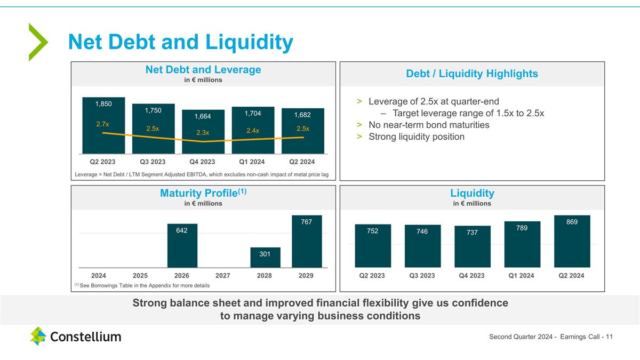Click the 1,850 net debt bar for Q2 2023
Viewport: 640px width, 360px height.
103,125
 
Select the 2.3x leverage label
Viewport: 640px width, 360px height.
202,133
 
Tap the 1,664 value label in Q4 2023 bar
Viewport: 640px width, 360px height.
202,116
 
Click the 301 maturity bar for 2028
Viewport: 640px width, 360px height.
265,257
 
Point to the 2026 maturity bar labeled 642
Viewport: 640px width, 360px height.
182,245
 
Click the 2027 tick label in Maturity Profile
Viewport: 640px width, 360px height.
223,276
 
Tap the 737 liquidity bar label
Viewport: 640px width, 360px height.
471,233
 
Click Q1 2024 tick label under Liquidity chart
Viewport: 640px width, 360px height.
522,276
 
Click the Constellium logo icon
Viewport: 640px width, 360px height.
38,336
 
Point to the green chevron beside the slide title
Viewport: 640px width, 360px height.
38,42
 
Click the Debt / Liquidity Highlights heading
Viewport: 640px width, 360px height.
471,74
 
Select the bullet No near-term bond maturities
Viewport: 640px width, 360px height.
428,125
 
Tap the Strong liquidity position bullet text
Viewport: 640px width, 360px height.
416,137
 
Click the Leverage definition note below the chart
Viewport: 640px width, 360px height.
201,174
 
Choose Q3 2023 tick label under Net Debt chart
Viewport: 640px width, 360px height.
153,162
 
